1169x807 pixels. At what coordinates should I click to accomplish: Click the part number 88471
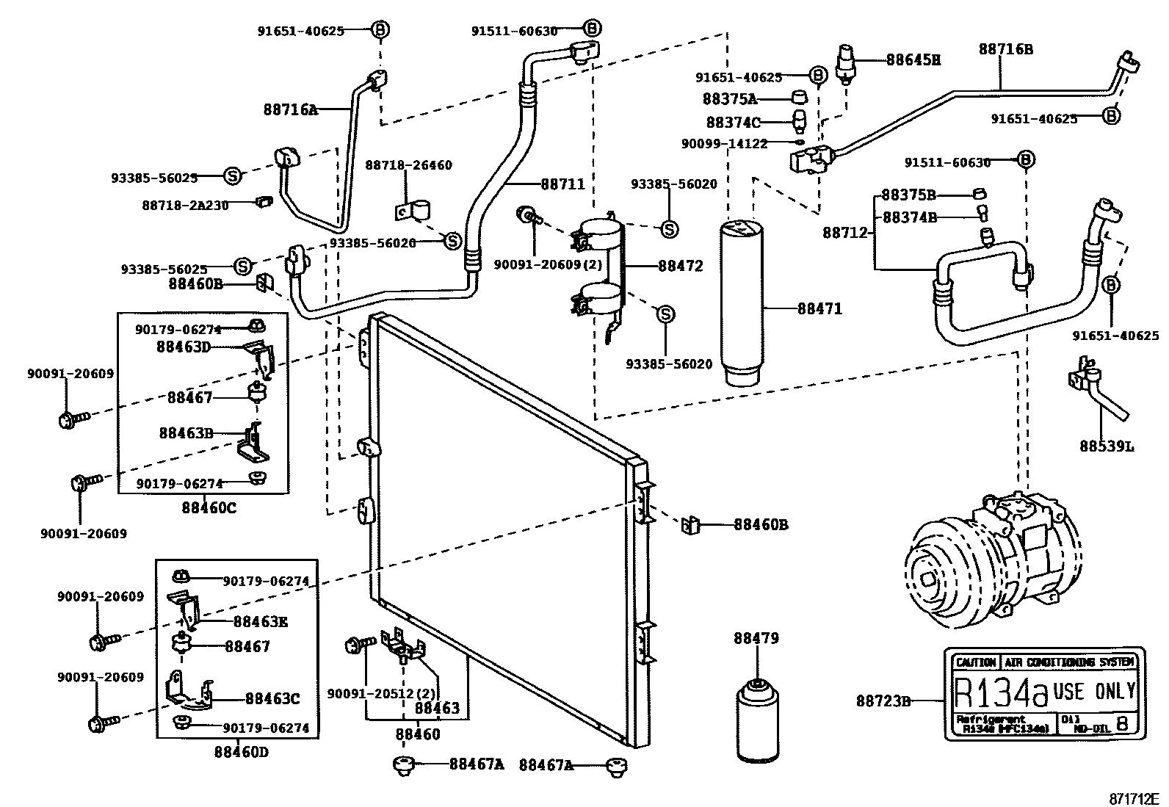819,309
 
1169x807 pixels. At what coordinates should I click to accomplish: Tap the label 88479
756,638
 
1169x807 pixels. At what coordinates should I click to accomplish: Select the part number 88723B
883,701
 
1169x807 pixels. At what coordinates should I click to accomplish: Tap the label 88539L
1106,446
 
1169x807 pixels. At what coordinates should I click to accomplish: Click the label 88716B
1005,49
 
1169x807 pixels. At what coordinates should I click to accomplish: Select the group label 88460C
209,507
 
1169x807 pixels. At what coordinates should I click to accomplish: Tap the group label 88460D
242,752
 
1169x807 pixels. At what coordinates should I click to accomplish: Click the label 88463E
260,623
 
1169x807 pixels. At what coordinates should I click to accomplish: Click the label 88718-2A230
185,205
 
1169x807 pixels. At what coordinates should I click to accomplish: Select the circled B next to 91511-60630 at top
593,29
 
